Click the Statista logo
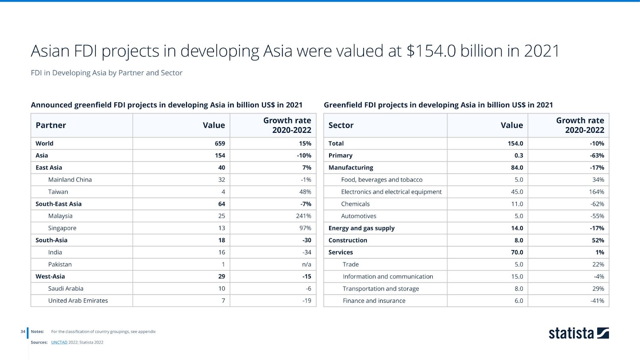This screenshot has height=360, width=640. coord(578,333)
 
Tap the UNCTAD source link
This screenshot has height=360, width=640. coord(59,342)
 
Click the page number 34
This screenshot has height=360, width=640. coord(23,332)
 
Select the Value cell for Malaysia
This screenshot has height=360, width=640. coord(221,216)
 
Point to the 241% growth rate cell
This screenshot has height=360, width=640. coord(303,216)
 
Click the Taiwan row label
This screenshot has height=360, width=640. coord(58,192)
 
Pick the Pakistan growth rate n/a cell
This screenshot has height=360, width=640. coord(306,264)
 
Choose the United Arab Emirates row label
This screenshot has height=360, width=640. coord(78,301)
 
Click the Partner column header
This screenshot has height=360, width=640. coord(51,125)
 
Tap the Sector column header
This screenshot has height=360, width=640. coord(341,125)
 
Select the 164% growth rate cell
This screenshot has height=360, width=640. coord(596,192)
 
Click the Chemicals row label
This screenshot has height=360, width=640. coord(355,204)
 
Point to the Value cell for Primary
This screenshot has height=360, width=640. coord(518,156)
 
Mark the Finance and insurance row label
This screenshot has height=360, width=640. coord(374,301)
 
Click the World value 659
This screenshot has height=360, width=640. coord(220,144)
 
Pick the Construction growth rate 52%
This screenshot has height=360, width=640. coord(598,240)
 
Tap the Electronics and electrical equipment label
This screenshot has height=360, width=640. coord(391,192)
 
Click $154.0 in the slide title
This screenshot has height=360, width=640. coord(431,51)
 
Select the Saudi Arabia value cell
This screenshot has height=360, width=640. coord(222,289)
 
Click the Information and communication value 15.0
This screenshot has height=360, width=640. coord(517,277)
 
